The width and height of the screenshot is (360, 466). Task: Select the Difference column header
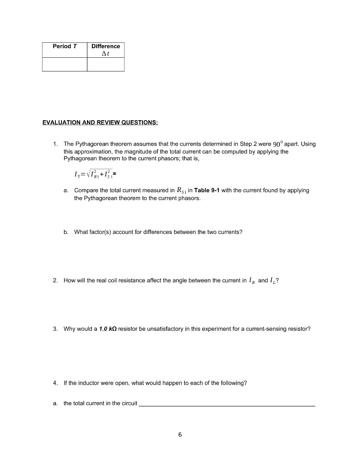point(106,46)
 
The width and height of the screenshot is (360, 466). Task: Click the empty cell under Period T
point(65,64)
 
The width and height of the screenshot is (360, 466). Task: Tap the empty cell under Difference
point(106,64)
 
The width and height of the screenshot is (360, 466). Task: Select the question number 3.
point(55,341)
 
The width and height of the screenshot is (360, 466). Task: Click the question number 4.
point(55,383)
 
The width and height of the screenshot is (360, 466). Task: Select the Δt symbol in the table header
point(106,53)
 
